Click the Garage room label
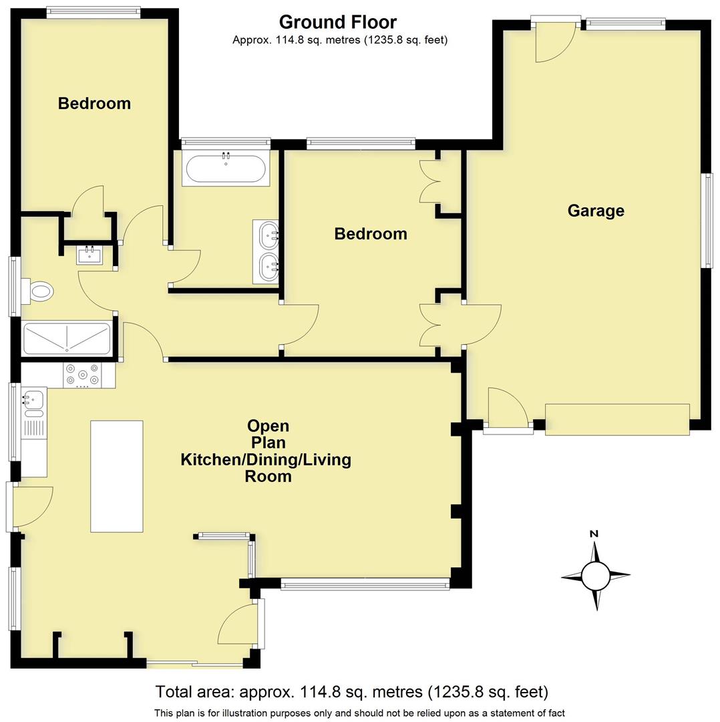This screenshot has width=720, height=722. [596, 211]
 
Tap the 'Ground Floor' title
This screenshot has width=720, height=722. [337, 22]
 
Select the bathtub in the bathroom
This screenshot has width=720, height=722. [226, 168]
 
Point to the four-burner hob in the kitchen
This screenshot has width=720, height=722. [82, 375]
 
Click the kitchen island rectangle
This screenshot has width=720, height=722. [117, 476]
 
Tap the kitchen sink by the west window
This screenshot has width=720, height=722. [33, 400]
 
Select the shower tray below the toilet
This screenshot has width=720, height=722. [67, 338]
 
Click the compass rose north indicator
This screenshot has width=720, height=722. [595, 575]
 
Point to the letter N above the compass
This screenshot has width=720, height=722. [594, 533]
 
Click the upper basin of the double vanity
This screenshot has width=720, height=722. [270, 235]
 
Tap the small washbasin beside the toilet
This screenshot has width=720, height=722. [89, 255]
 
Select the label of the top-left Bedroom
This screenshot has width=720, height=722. [94, 104]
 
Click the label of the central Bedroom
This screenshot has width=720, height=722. [371, 234]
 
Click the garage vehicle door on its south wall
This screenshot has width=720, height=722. [617, 419]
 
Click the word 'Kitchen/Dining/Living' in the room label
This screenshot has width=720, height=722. [266, 460]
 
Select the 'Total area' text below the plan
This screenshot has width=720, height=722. [351, 691]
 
